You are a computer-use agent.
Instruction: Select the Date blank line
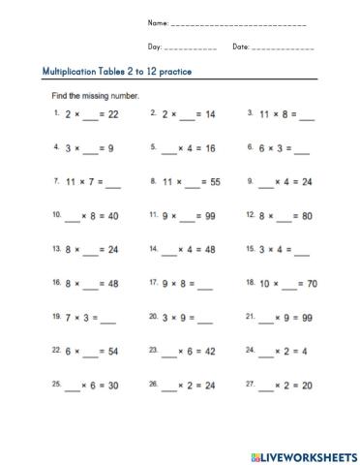(282, 48)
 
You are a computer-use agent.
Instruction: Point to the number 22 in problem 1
(112, 114)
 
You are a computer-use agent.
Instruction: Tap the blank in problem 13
(92, 251)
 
